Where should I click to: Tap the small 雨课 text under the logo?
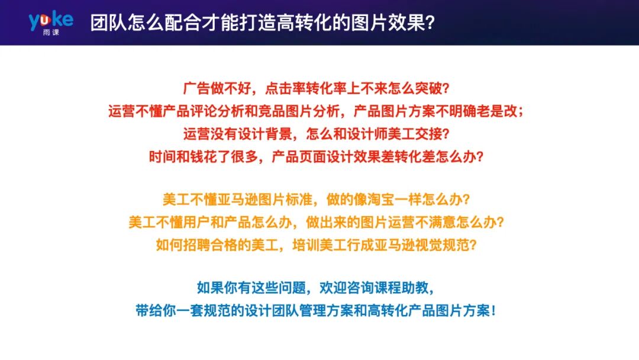51,31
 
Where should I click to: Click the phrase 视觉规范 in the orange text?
443,245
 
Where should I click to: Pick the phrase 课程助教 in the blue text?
408,288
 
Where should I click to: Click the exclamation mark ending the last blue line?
493,311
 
